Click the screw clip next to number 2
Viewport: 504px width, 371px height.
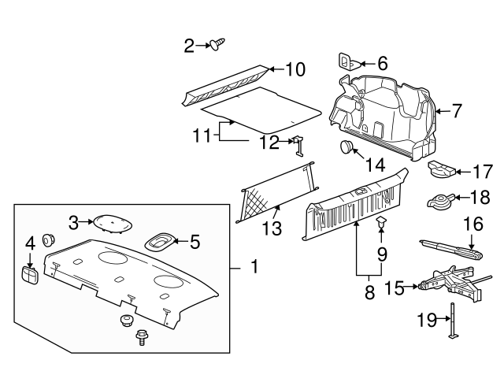tap(217, 44)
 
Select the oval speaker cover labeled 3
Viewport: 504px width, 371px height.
tap(113, 223)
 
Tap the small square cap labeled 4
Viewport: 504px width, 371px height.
tap(30, 275)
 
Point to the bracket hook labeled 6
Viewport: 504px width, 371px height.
tap(350, 62)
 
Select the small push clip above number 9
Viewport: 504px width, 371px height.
tap(381, 221)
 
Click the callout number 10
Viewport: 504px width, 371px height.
tap(295, 69)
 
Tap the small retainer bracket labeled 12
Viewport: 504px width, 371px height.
tap(299, 146)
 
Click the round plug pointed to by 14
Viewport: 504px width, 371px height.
tap(346, 147)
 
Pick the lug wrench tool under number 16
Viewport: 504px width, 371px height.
tap(451, 250)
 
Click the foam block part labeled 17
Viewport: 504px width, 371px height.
tap(442, 169)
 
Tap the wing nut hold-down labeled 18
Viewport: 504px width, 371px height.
tap(441, 201)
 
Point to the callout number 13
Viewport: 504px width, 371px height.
tap(272, 228)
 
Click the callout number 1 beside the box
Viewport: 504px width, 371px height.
tap(254, 266)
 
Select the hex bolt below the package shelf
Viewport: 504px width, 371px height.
tap(140, 337)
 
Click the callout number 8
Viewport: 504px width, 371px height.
tap(369, 292)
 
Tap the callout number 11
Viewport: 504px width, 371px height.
tap(202, 135)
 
